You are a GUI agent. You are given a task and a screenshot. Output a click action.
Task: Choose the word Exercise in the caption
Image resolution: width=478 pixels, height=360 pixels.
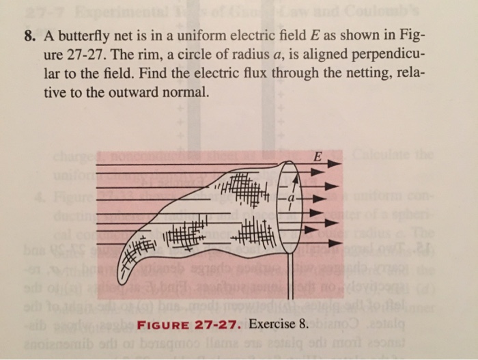point(272,324)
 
